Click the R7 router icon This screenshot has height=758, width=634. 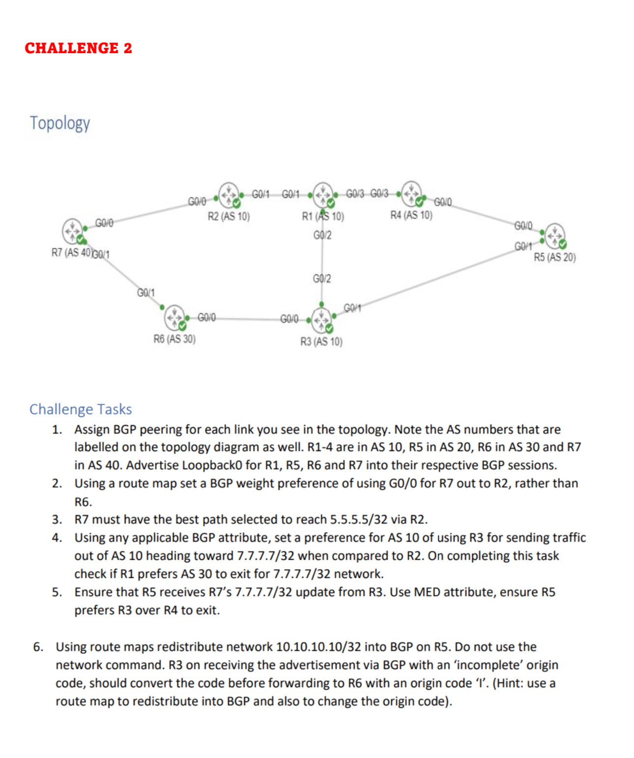point(73,230)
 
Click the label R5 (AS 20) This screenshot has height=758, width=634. point(554,257)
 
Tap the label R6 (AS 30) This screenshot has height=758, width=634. point(174,339)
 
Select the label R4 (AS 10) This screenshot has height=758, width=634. point(411,215)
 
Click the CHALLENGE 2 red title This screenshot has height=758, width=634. point(79,48)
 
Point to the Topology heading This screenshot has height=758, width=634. point(60,123)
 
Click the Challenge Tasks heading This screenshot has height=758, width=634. point(81,409)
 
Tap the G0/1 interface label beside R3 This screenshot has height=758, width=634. point(352,308)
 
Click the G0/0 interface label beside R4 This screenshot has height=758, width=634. point(442,202)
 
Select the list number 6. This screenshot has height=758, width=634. point(38,647)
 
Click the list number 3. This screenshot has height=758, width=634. point(57,519)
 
